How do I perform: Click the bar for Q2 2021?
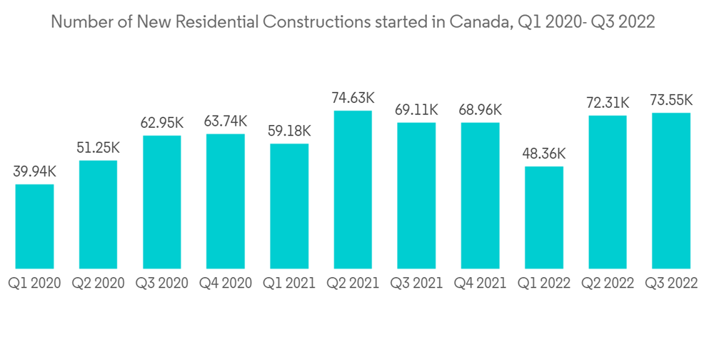(353, 189)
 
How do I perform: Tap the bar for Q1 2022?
(544, 217)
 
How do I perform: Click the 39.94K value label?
(34, 172)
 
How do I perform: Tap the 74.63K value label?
(353, 98)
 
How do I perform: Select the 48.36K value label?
(544, 154)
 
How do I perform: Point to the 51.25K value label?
(98, 148)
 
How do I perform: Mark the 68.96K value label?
(480, 110)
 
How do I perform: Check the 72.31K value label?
(608, 103)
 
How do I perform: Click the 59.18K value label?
(289, 131)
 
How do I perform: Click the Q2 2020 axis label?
(98, 284)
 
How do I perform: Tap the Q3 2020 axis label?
(161, 284)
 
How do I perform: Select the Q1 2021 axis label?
(289, 284)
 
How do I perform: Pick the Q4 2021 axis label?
(480, 284)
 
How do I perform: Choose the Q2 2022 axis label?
(608, 284)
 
